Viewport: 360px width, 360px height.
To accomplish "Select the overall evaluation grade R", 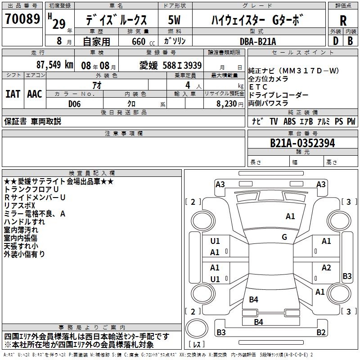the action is [343, 20].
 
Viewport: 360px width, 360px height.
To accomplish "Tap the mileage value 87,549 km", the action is [54, 64].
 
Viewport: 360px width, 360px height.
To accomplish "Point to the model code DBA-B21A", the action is [258, 41].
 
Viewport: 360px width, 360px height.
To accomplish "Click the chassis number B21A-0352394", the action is [302, 143].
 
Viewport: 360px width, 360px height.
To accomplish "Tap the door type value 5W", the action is [175, 20].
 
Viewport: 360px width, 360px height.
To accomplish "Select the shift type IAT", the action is [13, 94].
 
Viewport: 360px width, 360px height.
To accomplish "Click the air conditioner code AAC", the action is [35, 94].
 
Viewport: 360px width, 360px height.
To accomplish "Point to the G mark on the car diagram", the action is [284, 237].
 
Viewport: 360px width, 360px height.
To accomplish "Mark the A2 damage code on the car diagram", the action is [326, 268].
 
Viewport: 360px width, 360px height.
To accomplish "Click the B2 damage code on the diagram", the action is [321, 333].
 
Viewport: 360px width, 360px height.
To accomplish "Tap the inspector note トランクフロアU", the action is [31, 189].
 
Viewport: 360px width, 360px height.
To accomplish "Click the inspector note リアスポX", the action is [22, 206].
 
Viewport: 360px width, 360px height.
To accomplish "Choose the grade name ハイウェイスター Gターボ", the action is [258, 20].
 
